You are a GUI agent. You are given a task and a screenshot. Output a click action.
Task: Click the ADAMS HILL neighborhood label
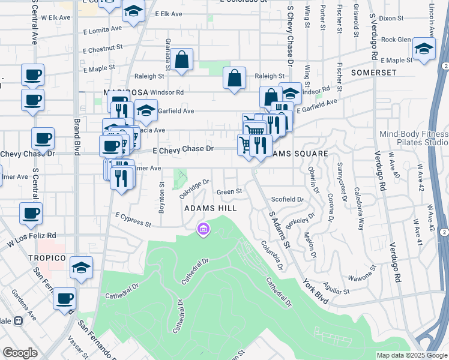pyautogui.click(x=210, y=208)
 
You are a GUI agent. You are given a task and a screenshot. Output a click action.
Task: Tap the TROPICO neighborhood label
pyautogui.click(x=46, y=257)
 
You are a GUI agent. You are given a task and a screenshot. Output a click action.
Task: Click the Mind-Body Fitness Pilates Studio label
pyautogui.click(x=414, y=139)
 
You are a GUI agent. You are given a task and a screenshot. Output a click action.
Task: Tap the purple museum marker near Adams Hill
pyautogui.click(x=203, y=229)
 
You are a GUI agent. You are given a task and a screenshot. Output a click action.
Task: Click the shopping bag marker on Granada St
pyautogui.click(x=182, y=60)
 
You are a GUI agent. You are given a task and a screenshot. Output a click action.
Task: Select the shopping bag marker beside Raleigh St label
pyautogui.click(x=234, y=78)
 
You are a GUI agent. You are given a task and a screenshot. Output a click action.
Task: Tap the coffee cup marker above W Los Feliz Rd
pyautogui.click(x=31, y=213)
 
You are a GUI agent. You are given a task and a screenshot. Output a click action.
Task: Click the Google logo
pyautogui.click(x=20, y=353)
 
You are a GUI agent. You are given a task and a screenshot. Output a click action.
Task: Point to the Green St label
pyautogui.click(x=229, y=191)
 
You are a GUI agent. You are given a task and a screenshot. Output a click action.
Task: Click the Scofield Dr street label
pyautogui.click(x=288, y=199)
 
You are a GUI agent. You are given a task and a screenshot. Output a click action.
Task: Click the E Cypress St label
pyautogui.click(x=133, y=220)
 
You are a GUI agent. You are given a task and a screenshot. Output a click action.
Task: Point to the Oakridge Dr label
pyautogui.click(x=194, y=190)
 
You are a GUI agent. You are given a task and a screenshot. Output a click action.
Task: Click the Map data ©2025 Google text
pyautogui.click(x=411, y=355)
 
